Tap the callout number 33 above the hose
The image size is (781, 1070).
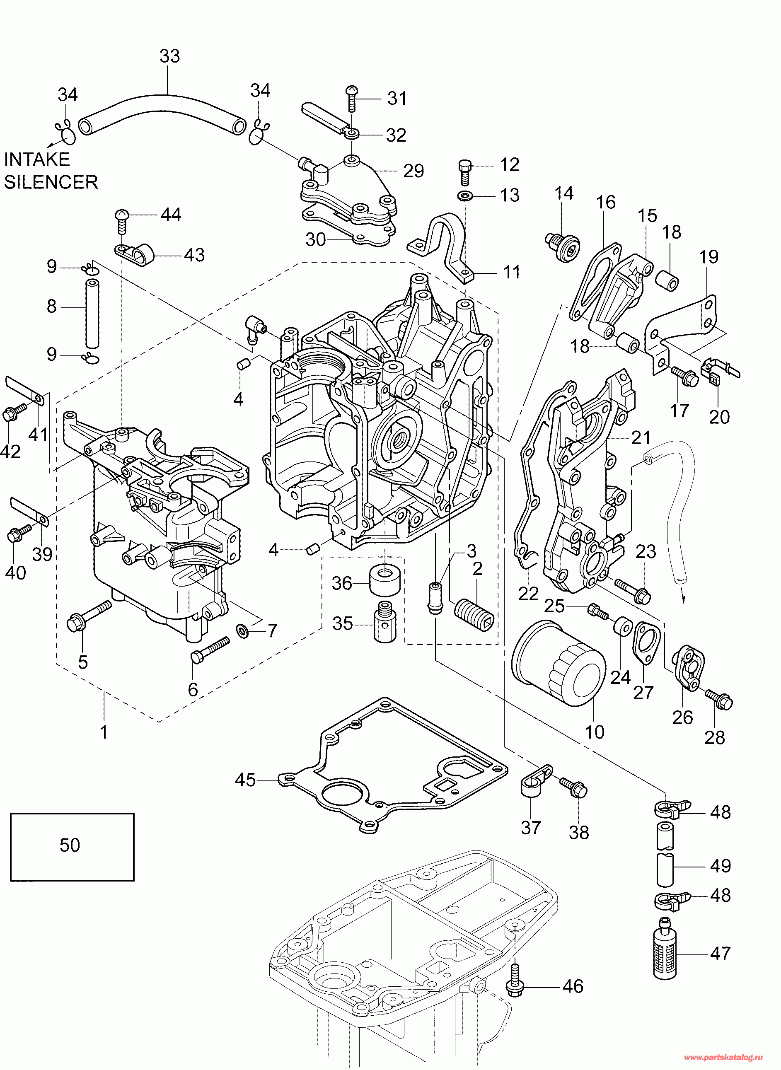pyautogui.click(x=170, y=56)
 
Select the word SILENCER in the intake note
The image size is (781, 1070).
pyautogui.click(x=51, y=182)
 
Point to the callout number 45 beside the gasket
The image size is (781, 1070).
pyautogui.click(x=245, y=780)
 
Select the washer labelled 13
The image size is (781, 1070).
pyautogui.click(x=465, y=195)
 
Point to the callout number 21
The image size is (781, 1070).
pyautogui.click(x=641, y=437)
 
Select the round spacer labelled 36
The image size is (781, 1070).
pyautogui.click(x=384, y=583)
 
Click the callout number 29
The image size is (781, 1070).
pyautogui.click(x=413, y=171)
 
